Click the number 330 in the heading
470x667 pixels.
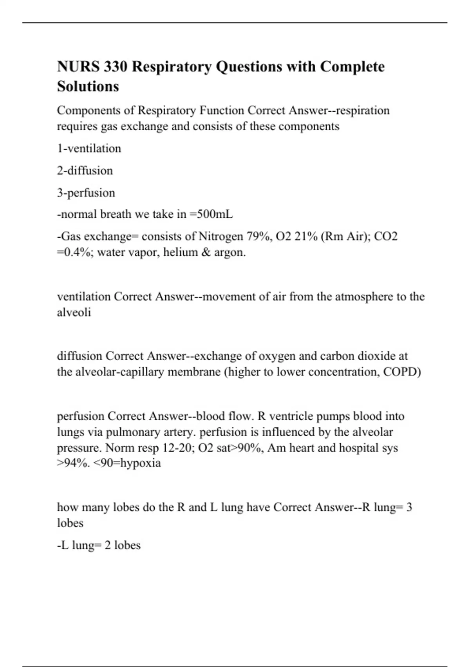click(116, 67)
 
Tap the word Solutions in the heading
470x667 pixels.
click(88, 86)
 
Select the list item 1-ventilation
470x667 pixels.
click(89, 149)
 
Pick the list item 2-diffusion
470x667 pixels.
click(85, 171)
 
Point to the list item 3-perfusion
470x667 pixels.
click(86, 193)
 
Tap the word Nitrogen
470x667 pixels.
click(221, 237)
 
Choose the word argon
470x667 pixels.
click(230, 252)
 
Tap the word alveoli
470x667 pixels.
click(74, 312)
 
